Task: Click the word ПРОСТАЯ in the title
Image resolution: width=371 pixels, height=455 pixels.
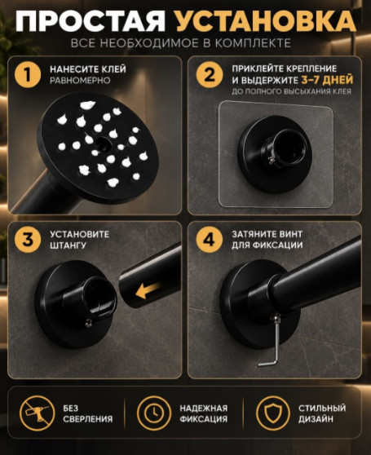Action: tap(91, 22)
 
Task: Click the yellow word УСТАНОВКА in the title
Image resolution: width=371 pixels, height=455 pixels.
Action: tap(266, 22)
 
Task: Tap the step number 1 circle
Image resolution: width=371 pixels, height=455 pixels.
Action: tap(28, 74)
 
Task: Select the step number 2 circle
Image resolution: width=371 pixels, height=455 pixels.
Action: tap(210, 74)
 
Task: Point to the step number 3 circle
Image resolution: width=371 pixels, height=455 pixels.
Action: tap(28, 240)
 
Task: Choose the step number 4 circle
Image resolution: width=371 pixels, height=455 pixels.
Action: tap(210, 240)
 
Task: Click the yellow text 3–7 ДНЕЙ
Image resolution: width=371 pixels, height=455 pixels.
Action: tap(327, 80)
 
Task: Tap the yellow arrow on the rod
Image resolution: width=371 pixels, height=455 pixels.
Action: tap(148, 290)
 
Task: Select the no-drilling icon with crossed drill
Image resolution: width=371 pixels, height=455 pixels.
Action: tap(38, 413)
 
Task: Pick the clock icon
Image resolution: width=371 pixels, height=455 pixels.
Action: tap(154, 413)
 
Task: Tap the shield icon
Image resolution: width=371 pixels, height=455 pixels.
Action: tap(273, 413)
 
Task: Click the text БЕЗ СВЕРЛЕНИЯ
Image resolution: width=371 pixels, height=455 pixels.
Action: tap(88, 413)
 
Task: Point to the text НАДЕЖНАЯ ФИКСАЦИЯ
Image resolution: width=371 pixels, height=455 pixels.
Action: tap(204, 413)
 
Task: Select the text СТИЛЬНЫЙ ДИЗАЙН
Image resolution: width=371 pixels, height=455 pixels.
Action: tap(322, 413)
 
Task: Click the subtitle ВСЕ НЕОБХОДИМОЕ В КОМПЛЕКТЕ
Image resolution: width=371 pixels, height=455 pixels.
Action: tap(181, 43)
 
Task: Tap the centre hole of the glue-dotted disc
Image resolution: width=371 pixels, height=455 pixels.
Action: tap(102, 143)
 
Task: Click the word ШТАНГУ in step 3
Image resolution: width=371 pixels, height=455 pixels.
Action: tap(68, 245)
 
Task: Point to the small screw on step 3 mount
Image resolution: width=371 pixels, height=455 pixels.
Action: tap(90, 322)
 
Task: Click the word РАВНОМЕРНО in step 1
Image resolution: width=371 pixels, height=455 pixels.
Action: tap(80, 81)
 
